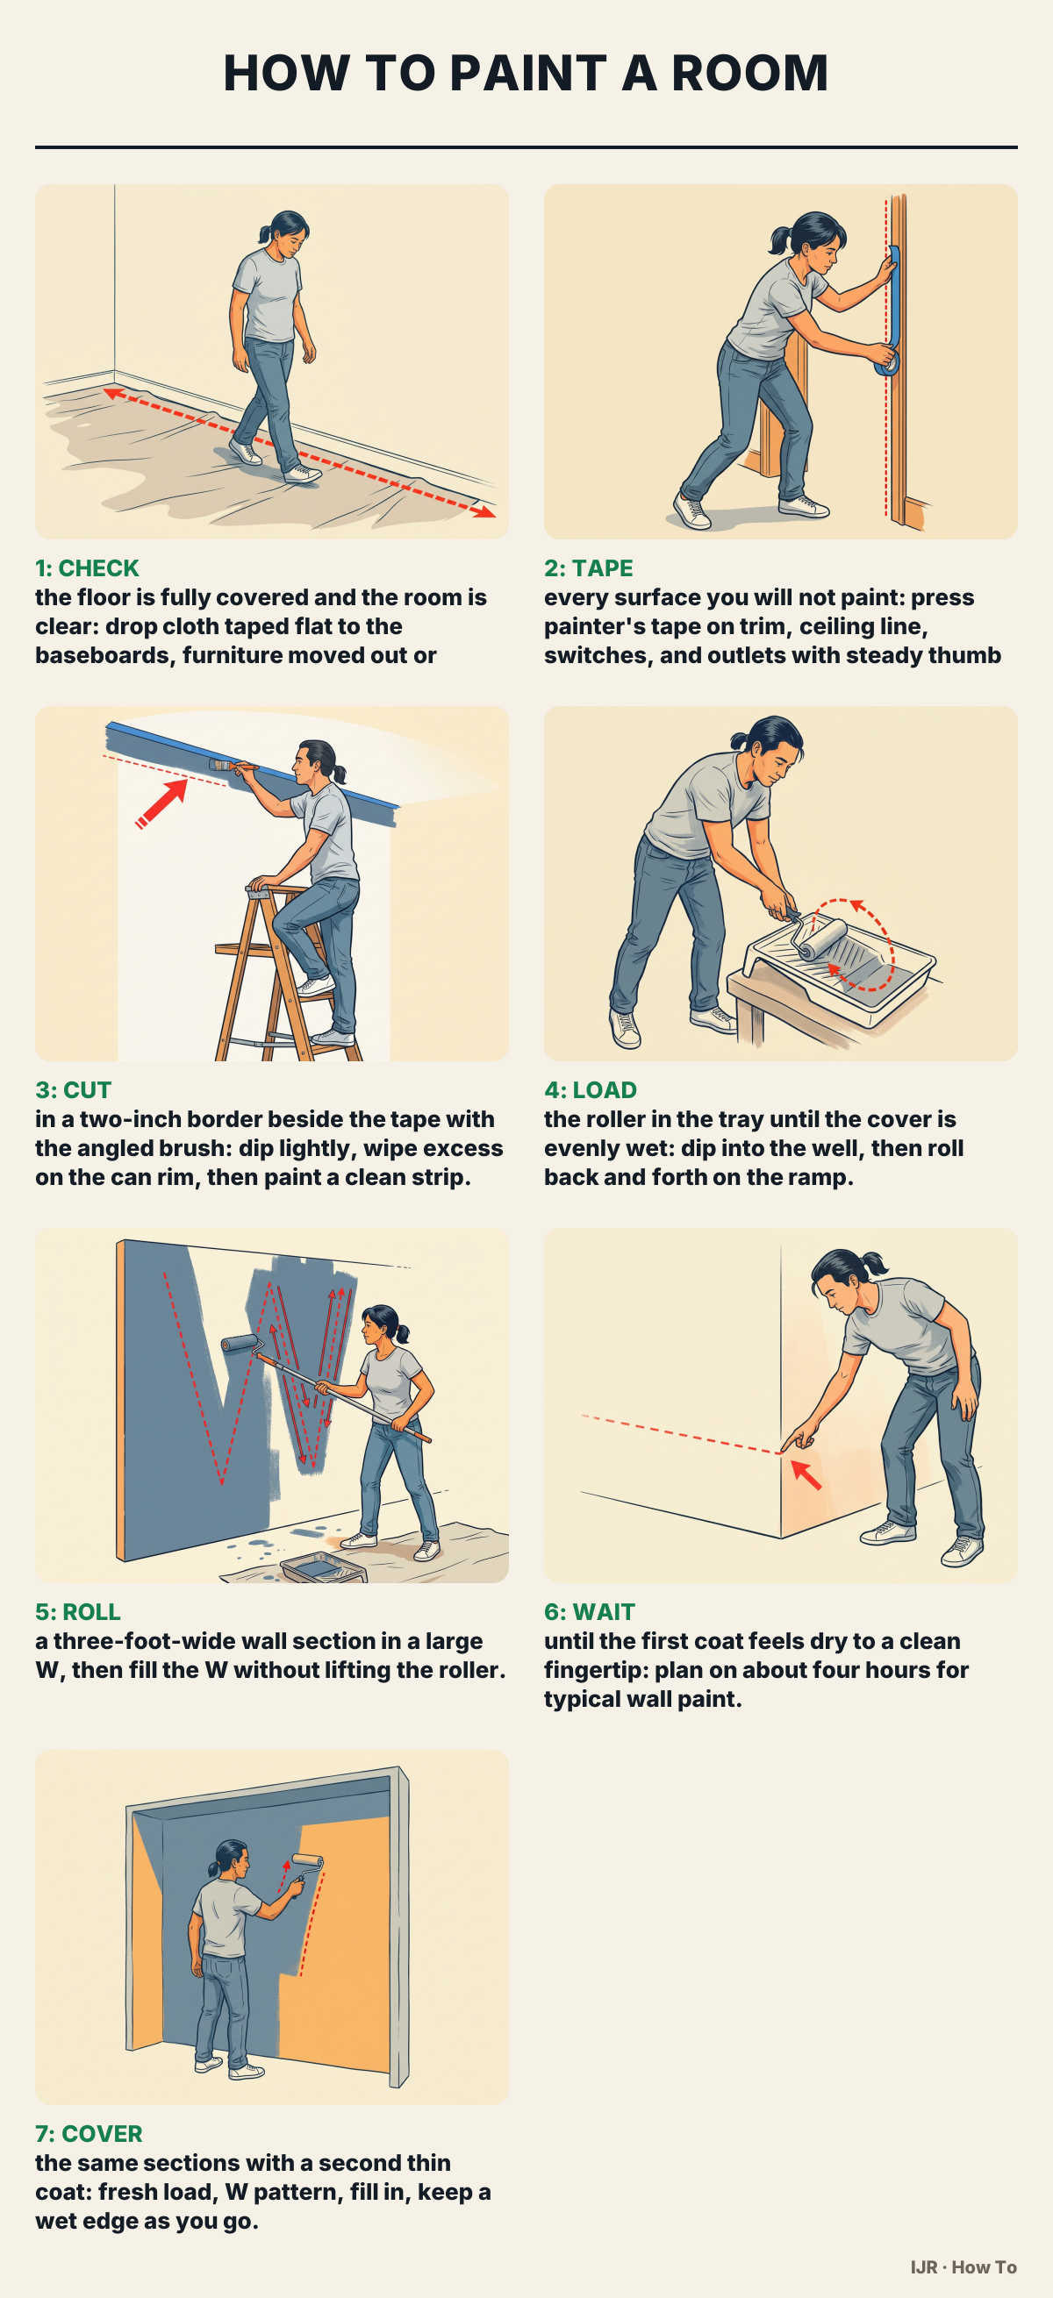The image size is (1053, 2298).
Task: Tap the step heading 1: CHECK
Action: [87, 568]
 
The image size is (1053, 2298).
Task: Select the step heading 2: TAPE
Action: [588, 568]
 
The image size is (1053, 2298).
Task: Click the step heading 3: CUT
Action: [73, 1090]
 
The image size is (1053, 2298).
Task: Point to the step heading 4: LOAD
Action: [590, 1090]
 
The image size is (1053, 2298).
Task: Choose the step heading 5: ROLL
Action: [77, 1612]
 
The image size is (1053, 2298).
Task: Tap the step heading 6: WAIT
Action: [589, 1612]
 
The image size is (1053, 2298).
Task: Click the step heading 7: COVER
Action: [89, 2134]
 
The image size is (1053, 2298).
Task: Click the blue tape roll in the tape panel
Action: [887, 362]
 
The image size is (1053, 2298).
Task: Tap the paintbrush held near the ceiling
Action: [233, 765]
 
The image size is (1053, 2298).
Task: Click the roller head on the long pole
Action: [241, 1344]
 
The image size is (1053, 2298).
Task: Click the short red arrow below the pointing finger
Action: [806, 1474]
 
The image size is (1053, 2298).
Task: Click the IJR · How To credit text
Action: [963, 2266]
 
